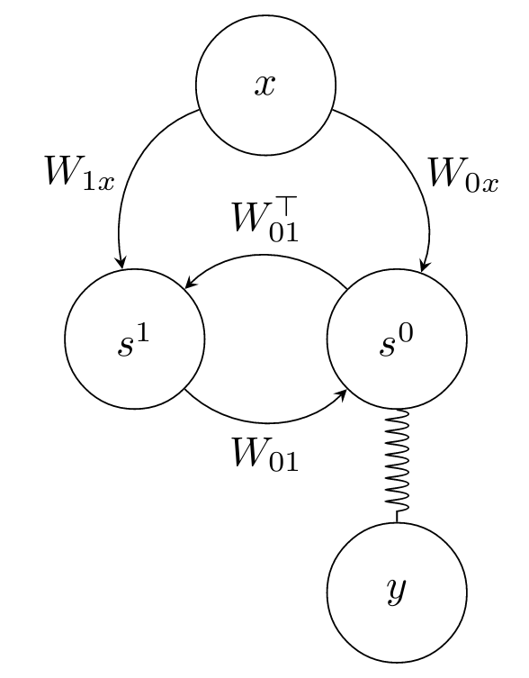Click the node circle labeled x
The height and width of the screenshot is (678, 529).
pos(265,86)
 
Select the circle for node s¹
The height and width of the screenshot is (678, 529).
pos(135,339)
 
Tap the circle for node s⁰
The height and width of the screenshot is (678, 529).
pos(397,339)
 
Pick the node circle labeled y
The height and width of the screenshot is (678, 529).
pos(397,592)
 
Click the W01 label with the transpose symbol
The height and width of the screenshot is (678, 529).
pos(265,221)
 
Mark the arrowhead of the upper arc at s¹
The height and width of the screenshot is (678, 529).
pos(189,285)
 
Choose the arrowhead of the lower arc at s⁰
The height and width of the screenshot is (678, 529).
pos(344,393)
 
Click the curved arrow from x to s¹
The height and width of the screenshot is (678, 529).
pos(135,171)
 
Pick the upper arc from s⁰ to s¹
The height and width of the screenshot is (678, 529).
pos(265,257)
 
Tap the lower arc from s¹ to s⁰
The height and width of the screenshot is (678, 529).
pos(265,421)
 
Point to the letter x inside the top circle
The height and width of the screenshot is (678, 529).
pos(265,86)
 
